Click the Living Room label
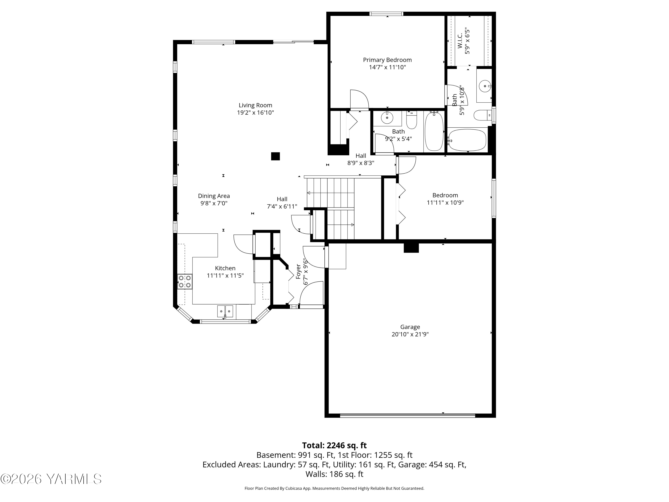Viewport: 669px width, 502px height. click(255, 105)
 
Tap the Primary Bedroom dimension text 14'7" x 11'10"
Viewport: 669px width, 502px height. click(387, 67)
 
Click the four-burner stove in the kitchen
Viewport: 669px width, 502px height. click(184, 281)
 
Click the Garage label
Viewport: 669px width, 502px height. click(410, 327)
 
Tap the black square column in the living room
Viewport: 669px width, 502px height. click(275, 156)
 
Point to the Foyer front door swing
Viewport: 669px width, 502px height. click(312, 294)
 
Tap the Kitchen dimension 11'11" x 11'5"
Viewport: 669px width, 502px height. click(225, 276)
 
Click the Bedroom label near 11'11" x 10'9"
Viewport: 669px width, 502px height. click(445, 195)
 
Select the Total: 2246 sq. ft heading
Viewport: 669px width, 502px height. click(334, 445)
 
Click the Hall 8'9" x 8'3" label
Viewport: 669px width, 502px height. click(361, 156)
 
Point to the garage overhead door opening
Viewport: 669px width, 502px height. click(407, 416)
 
